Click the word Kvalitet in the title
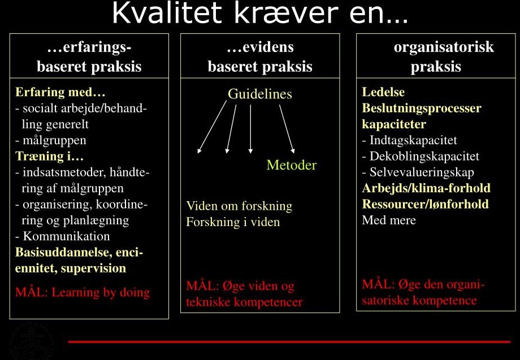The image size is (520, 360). [x=167, y=13]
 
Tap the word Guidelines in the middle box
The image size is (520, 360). [x=259, y=94]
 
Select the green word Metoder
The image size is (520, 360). [x=292, y=165]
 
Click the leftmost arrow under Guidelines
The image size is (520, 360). [x=212, y=127]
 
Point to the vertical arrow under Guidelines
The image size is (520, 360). [x=250, y=129]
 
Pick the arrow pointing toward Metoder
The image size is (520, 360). [x=287, y=129]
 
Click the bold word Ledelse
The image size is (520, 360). [x=383, y=92]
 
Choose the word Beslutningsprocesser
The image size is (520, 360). [x=422, y=108]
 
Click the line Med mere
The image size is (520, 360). [x=389, y=220]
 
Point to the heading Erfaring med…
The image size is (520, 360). [x=60, y=92]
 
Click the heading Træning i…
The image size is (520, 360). [x=49, y=156]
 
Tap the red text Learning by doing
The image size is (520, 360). [x=101, y=292]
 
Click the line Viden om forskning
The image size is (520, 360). [x=239, y=206]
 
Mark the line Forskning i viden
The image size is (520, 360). [x=233, y=222]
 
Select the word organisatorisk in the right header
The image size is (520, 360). [x=444, y=47]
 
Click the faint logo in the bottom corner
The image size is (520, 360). [x=32, y=341]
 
